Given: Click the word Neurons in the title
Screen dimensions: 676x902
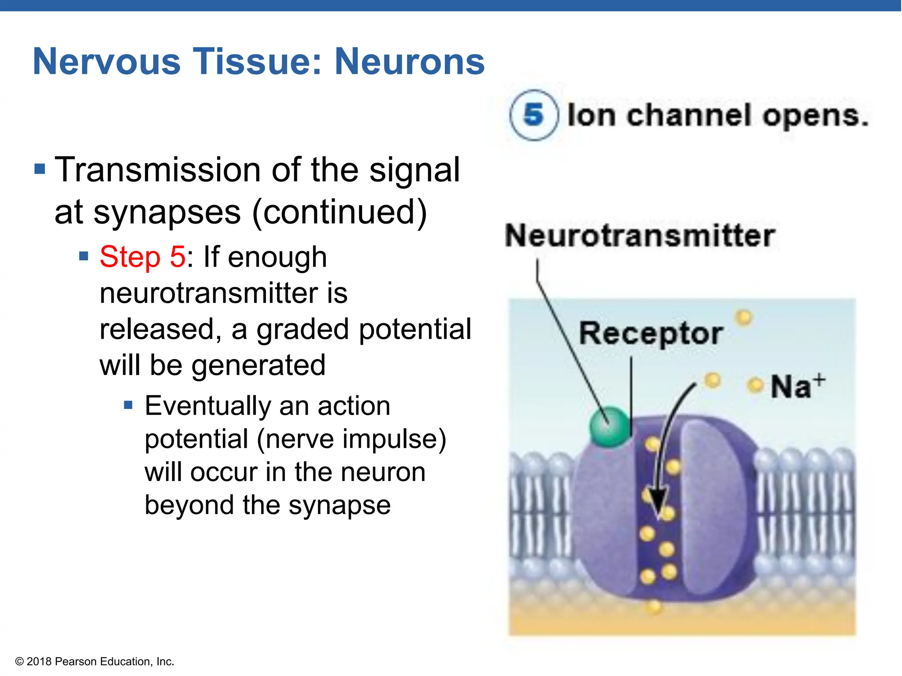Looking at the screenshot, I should pos(409,62).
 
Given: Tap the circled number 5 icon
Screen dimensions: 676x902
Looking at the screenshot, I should pos(533,115).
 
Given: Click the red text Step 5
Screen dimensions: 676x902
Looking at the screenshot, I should pos(142,257).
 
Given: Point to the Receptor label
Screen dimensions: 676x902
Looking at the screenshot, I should pos(651,333).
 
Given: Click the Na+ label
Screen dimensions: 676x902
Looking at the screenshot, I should pos(797,386).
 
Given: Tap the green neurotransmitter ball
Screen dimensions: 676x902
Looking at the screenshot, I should pos(610,426).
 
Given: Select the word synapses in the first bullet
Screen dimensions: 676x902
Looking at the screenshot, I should pos(167,213).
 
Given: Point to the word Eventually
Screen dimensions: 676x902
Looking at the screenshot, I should pos(207,405).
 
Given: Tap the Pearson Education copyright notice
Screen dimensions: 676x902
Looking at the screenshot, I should pos(95,661).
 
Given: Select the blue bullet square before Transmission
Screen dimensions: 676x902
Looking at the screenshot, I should pos(40,169).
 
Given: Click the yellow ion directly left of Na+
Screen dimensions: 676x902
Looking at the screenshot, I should pos(755,386).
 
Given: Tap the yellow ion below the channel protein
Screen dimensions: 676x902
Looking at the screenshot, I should pos(654,607).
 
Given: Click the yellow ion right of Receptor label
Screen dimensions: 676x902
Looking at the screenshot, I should pos(744,317).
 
